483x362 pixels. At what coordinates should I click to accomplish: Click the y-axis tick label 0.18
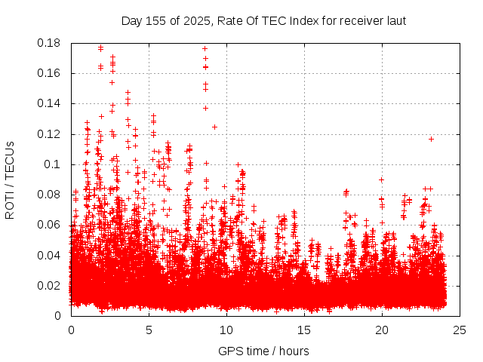[x=49, y=43]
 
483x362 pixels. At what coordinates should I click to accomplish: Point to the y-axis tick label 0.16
[x=49, y=73]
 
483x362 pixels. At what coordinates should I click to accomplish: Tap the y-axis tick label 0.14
[x=49, y=103]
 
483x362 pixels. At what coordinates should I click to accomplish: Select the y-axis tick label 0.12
[x=49, y=134]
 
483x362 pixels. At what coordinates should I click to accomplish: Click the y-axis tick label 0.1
[x=53, y=164]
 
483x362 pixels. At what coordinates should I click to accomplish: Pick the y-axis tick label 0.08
[x=49, y=195]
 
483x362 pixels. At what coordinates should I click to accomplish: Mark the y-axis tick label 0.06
[x=49, y=225]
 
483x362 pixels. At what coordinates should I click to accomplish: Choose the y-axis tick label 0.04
[x=49, y=255]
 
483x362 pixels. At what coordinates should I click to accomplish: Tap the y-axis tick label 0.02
[x=49, y=285]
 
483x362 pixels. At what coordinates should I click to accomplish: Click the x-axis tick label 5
[x=149, y=330]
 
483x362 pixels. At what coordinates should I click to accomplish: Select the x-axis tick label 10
[x=226, y=330]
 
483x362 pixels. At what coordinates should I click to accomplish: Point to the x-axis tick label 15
[x=304, y=330]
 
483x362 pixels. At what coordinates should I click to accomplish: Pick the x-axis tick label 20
[x=382, y=330]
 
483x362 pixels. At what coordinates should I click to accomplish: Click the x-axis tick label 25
[x=460, y=330]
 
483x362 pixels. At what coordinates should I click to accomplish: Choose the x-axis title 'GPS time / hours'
[x=263, y=351]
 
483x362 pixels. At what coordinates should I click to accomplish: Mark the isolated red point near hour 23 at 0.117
[x=431, y=139]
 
